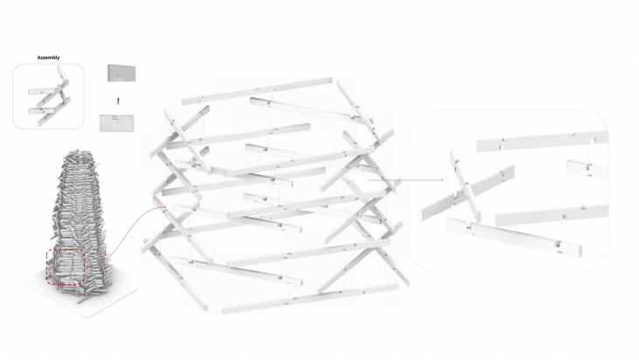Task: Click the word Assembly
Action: (x=48, y=58)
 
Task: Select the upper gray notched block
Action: (x=122, y=73)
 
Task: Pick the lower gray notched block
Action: (x=116, y=123)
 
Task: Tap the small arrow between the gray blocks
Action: (x=118, y=101)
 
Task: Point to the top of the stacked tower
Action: (x=81, y=154)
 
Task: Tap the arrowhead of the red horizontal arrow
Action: (x=442, y=180)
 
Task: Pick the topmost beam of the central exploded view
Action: (x=256, y=90)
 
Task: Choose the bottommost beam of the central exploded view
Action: (x=310, y=299)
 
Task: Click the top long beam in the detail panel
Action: (x=542, y=141)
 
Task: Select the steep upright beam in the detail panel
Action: (x=465, y=186)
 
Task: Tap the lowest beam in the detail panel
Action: (x=514, y=236)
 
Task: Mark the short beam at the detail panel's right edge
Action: (x=586, y=169)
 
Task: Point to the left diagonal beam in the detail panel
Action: (x=467, y=194)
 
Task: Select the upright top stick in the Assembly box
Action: (x=61, y=75)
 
